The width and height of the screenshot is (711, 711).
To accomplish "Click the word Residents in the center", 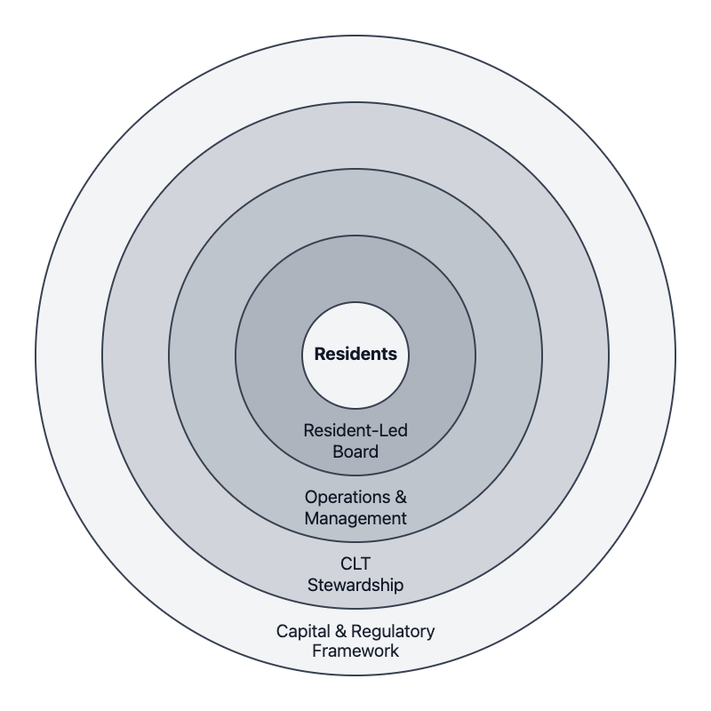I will pyautogui.click(x=355, y=354).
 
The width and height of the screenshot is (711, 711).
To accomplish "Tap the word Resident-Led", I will pyautogui.click(x=355, y=430).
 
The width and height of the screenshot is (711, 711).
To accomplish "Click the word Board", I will pyautogui.click(x=355, y=451).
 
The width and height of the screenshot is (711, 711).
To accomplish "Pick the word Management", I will pyautogui.click(x=355, y=518).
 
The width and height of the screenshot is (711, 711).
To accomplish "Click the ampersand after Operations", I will pyautogui.click(x=401, y=497).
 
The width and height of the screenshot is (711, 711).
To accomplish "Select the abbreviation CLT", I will pyautogui.click(x=355, y=563).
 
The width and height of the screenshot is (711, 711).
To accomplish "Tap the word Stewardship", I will pyautogui.click(x=355, y=585).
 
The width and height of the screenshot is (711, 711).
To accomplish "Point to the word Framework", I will pyautogui.click(x=355, y=651).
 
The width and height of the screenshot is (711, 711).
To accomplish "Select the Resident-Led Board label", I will pyautogui.click(x=355, y=441).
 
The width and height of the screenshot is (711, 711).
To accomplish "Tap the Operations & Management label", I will pyautogui.click(x=355, y=507).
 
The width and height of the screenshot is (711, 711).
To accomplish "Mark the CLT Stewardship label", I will pyautogui.click(x=355, y=574).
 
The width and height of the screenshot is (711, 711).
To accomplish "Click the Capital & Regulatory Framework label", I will pyautogui.click(x=355, y=642).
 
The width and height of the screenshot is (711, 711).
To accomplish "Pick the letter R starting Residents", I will pyautogui.click(x=320, y=354).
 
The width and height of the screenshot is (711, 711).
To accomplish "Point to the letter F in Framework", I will pyautogui.click(x=316, y=651).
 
